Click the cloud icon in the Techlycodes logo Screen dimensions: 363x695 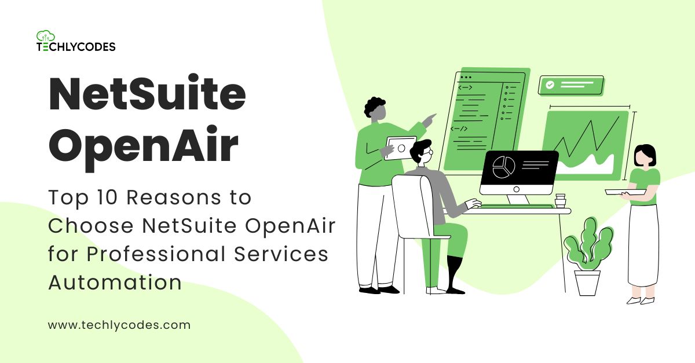[x=45, y=36]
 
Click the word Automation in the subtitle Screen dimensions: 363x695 [x=115, y=283]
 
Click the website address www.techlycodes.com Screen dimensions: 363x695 [x=119, y=325]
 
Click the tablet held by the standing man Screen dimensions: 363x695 [x=400, y=148]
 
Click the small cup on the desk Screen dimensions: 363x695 [x=559, y=200]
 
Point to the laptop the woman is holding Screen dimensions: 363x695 [x=624, y=192]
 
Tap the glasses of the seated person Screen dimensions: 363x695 [x=427, y=153]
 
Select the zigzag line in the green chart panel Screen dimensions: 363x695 [x=588, y=139]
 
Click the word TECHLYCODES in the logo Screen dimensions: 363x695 [x=76, y=47]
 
